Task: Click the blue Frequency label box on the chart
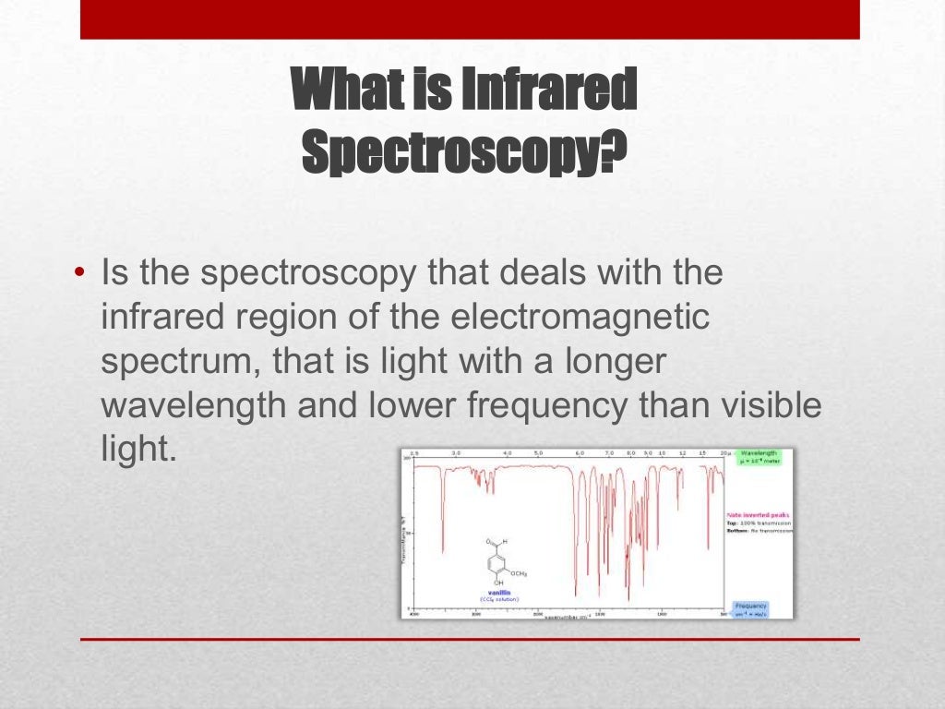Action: click(x=749, y=609)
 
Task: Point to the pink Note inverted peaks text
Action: click(x=757, y=515)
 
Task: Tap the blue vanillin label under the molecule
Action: click(x=499, y=592)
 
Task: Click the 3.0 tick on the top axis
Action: click(x=456, y=454)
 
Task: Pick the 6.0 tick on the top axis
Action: click(x=580, y=454)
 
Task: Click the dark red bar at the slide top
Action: click(x=470, y=19)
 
